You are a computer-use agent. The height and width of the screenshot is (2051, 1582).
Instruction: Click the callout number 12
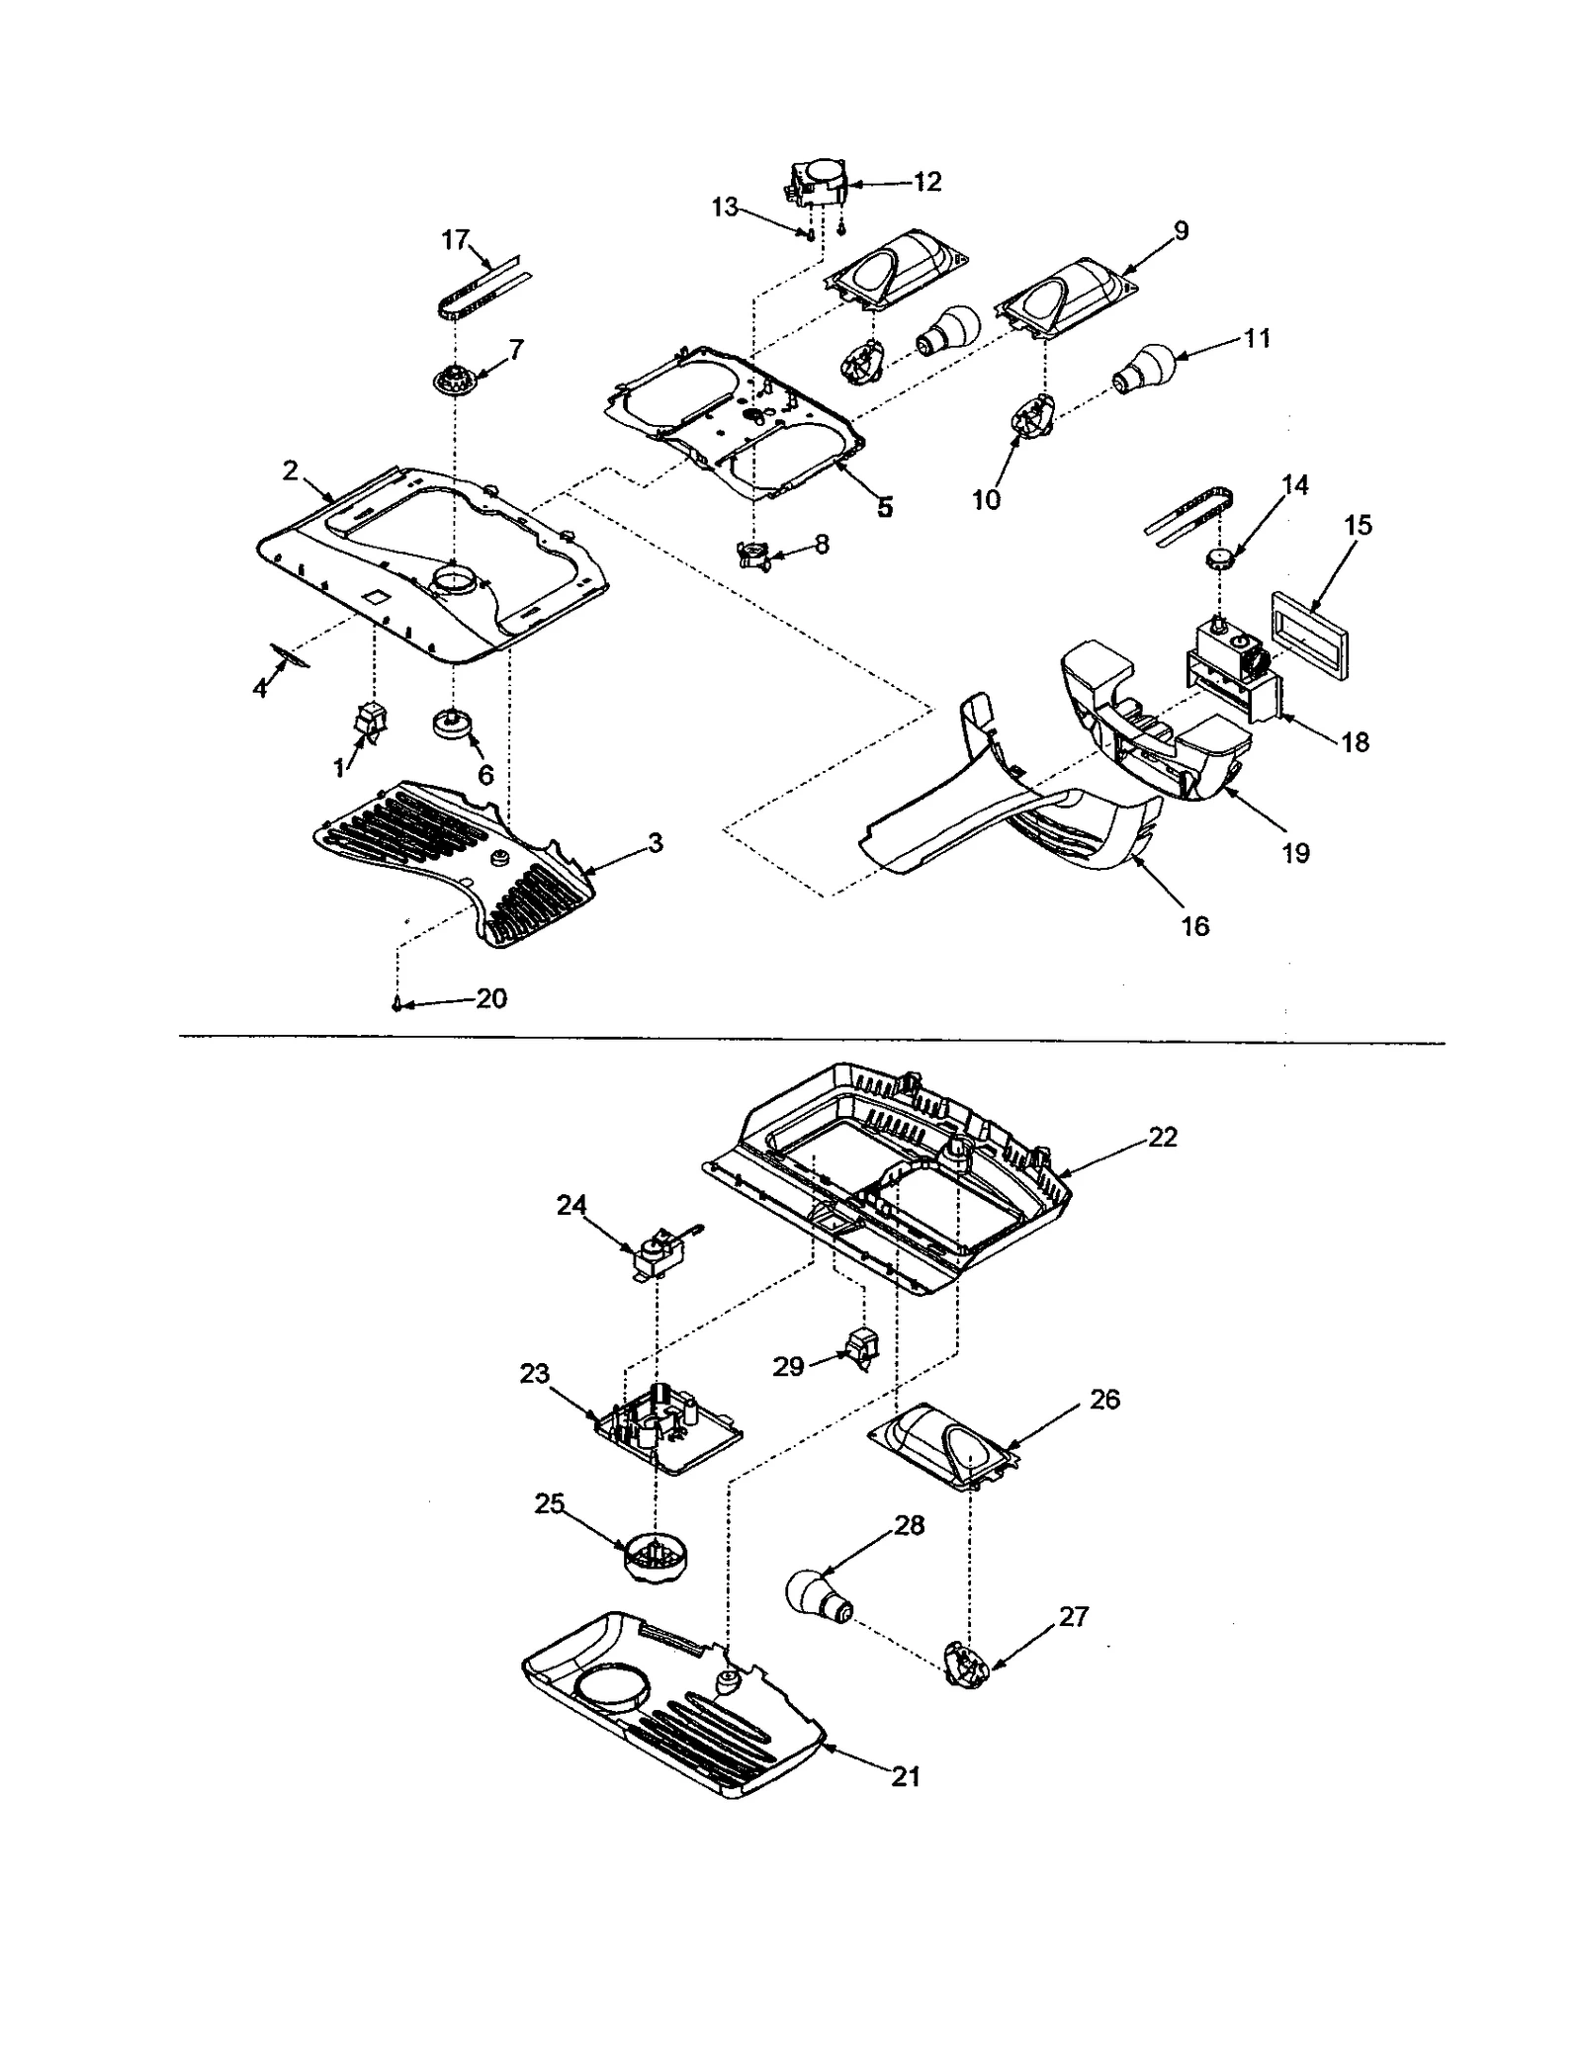pyautogui.click(x=927, y=182)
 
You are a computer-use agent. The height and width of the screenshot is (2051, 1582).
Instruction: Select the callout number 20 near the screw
pyautogui.click(x=491, y=998)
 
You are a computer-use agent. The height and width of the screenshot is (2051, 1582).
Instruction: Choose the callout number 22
pyautogui.click(x=1163, y=1137)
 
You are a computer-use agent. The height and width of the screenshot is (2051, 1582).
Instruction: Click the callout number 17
pyautogui.click(x=455, y=240)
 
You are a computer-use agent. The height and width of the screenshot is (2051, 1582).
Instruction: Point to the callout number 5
pyautogui.click(x=883, y=507)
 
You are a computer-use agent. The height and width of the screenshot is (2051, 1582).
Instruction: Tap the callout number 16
pyautogui.click(x=1194, y=926)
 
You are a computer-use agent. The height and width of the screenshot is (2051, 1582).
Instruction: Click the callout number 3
pyautogui.click(x=655, y=843)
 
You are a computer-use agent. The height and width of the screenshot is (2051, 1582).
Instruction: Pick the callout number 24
pyautogui.click(x=571, y=1205)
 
